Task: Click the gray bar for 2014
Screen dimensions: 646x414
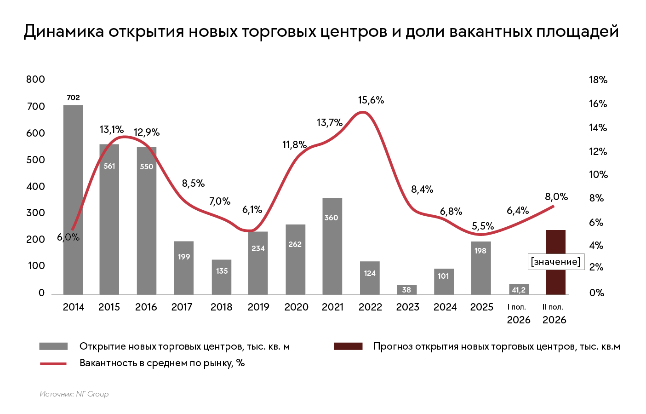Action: [x=73, y=200]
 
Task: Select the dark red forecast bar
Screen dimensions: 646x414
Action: [x=556, y=262]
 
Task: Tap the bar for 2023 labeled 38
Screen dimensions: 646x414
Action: [x=407, y=290]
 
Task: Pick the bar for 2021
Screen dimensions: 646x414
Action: [x=332, y=246]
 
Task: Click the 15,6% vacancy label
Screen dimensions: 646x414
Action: [x=371, y=100]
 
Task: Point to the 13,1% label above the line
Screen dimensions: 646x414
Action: [x=112, y=130]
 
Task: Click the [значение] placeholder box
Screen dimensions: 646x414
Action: [x=556, y=262]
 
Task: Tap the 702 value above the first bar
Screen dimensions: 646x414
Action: [x=73, y=98]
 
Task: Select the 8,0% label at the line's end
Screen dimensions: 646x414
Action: [x=556, y=197]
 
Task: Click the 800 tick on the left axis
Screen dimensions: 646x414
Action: [x=35, y=79]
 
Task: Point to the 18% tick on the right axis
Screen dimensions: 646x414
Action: [x=598, y=80]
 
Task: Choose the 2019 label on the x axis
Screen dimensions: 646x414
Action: [x=258, y=307]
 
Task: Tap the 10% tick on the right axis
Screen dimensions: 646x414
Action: [x=598, y=174]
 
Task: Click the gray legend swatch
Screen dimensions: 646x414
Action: [x=53, y=346]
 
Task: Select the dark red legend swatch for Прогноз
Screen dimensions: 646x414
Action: [x=348, y=346]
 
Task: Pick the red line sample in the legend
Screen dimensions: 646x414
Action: [x=53, y=364]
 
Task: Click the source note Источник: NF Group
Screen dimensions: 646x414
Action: [x=74, y=394]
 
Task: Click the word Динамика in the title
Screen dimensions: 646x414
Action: [x=64, y=31]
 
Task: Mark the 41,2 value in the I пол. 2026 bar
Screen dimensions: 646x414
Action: [x=519, y=290]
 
